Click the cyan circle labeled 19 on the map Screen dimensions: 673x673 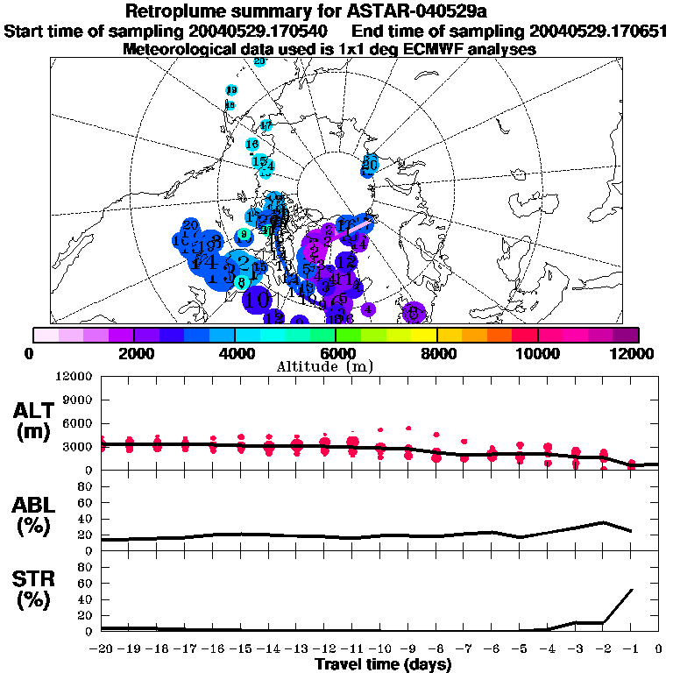coord(231,90)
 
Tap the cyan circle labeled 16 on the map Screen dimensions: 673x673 coord(252,144)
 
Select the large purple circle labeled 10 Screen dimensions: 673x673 coord(257,299)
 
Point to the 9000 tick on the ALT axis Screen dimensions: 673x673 coord(77,400)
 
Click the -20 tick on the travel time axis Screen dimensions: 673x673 coord(101,649)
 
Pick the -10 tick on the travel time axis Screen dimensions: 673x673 coord(380,649)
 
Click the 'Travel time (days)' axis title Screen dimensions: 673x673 coord(383,665)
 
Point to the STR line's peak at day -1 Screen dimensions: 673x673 coord(632,590)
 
